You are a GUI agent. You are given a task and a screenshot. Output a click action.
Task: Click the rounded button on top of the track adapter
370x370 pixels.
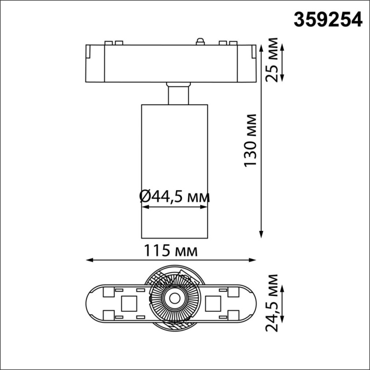coord(200,41)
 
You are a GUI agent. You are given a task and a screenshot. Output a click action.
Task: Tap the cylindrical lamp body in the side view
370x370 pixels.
coord(174,159)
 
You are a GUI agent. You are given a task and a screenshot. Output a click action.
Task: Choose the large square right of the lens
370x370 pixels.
coord(214,303)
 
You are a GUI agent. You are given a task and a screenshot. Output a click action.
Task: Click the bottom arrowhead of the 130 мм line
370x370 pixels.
coord(261,234)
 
